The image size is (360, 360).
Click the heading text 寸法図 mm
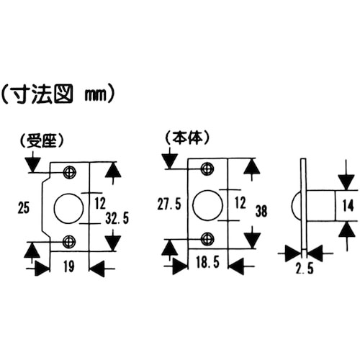pos(61,94)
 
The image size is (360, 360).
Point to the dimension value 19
pos(69,268)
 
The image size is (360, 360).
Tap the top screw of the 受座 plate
pos(70,171)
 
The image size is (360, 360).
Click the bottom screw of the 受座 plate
pos(70,240)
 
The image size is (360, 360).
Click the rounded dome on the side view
pos(296,204)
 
